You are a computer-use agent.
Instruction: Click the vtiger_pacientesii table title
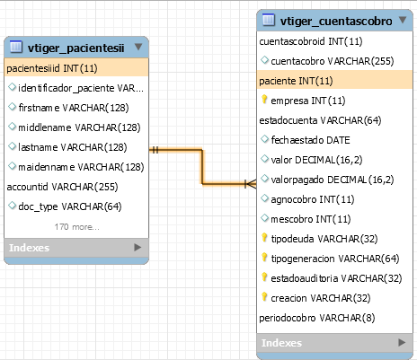(75, 48)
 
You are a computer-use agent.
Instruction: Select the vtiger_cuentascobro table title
(336, 22)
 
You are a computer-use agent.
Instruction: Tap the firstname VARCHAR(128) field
(74, 108)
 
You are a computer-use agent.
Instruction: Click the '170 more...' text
(76, 227)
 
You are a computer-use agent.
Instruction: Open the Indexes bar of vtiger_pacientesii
(76, 248)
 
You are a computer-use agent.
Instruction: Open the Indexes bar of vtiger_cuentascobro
(334, 343)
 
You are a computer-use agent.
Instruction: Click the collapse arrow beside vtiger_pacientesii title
(138, 47)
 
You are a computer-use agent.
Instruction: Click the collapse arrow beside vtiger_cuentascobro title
(403, 20)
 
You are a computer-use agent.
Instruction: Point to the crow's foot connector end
(251, 184)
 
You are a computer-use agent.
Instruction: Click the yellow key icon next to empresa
(264, 99)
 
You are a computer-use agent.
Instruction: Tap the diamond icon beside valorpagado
(264, 179)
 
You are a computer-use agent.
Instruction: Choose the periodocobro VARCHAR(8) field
(317, 318)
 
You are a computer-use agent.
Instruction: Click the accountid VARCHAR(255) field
(62, 187)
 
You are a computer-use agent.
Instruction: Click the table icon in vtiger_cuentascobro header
(269, 20)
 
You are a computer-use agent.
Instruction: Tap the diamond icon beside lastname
(12, 146)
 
